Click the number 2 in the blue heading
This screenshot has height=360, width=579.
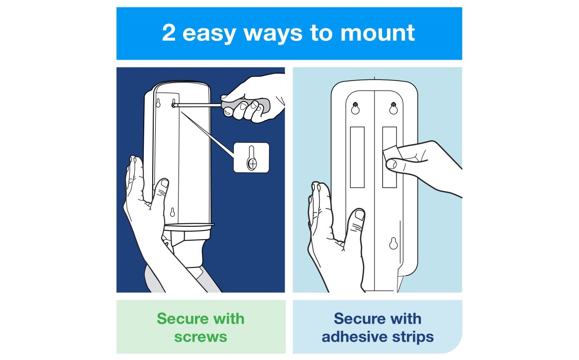(169, 32)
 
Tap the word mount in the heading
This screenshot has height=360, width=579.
(378, 33)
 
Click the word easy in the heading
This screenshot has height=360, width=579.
(209, 34)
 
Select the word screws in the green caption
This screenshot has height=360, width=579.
(200, 337)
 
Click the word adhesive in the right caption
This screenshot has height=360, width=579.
(355, 337)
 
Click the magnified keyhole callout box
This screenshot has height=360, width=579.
(252, 157)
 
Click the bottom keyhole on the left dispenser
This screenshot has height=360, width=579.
(172, 212)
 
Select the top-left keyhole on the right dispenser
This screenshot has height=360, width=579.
(355, 108)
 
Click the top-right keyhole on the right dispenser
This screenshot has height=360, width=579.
(393, 108)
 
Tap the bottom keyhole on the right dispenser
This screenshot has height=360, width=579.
(393, 243)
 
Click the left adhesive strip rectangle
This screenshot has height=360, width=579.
(357, 157)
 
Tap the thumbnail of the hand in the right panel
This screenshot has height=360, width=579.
(359, 215)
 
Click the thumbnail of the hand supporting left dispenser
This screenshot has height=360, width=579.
(165, 183)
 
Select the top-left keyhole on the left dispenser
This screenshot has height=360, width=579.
(158, 102)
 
